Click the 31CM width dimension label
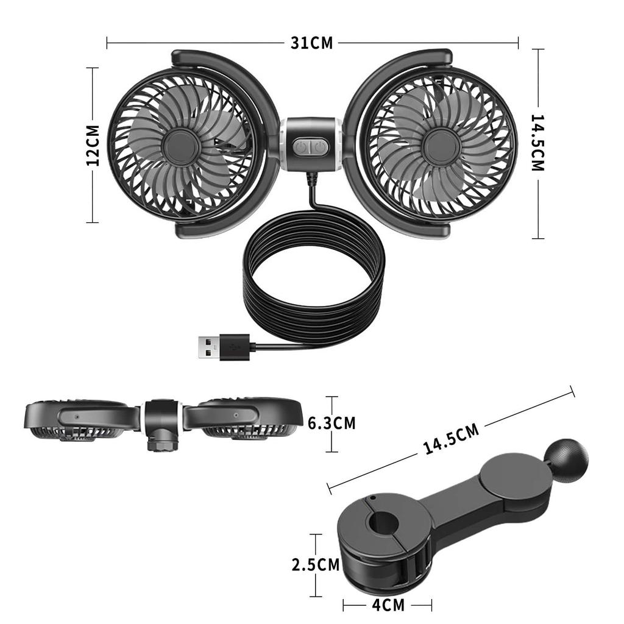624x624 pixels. [312, 43]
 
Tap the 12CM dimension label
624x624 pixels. [93, 145]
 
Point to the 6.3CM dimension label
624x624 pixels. [331, 423]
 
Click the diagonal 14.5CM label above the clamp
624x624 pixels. [451, 439]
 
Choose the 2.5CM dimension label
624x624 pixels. [315, 565]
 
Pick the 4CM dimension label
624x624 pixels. [388, 605]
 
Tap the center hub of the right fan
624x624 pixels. [441, 146]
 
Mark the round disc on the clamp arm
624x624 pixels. [509, 478]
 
